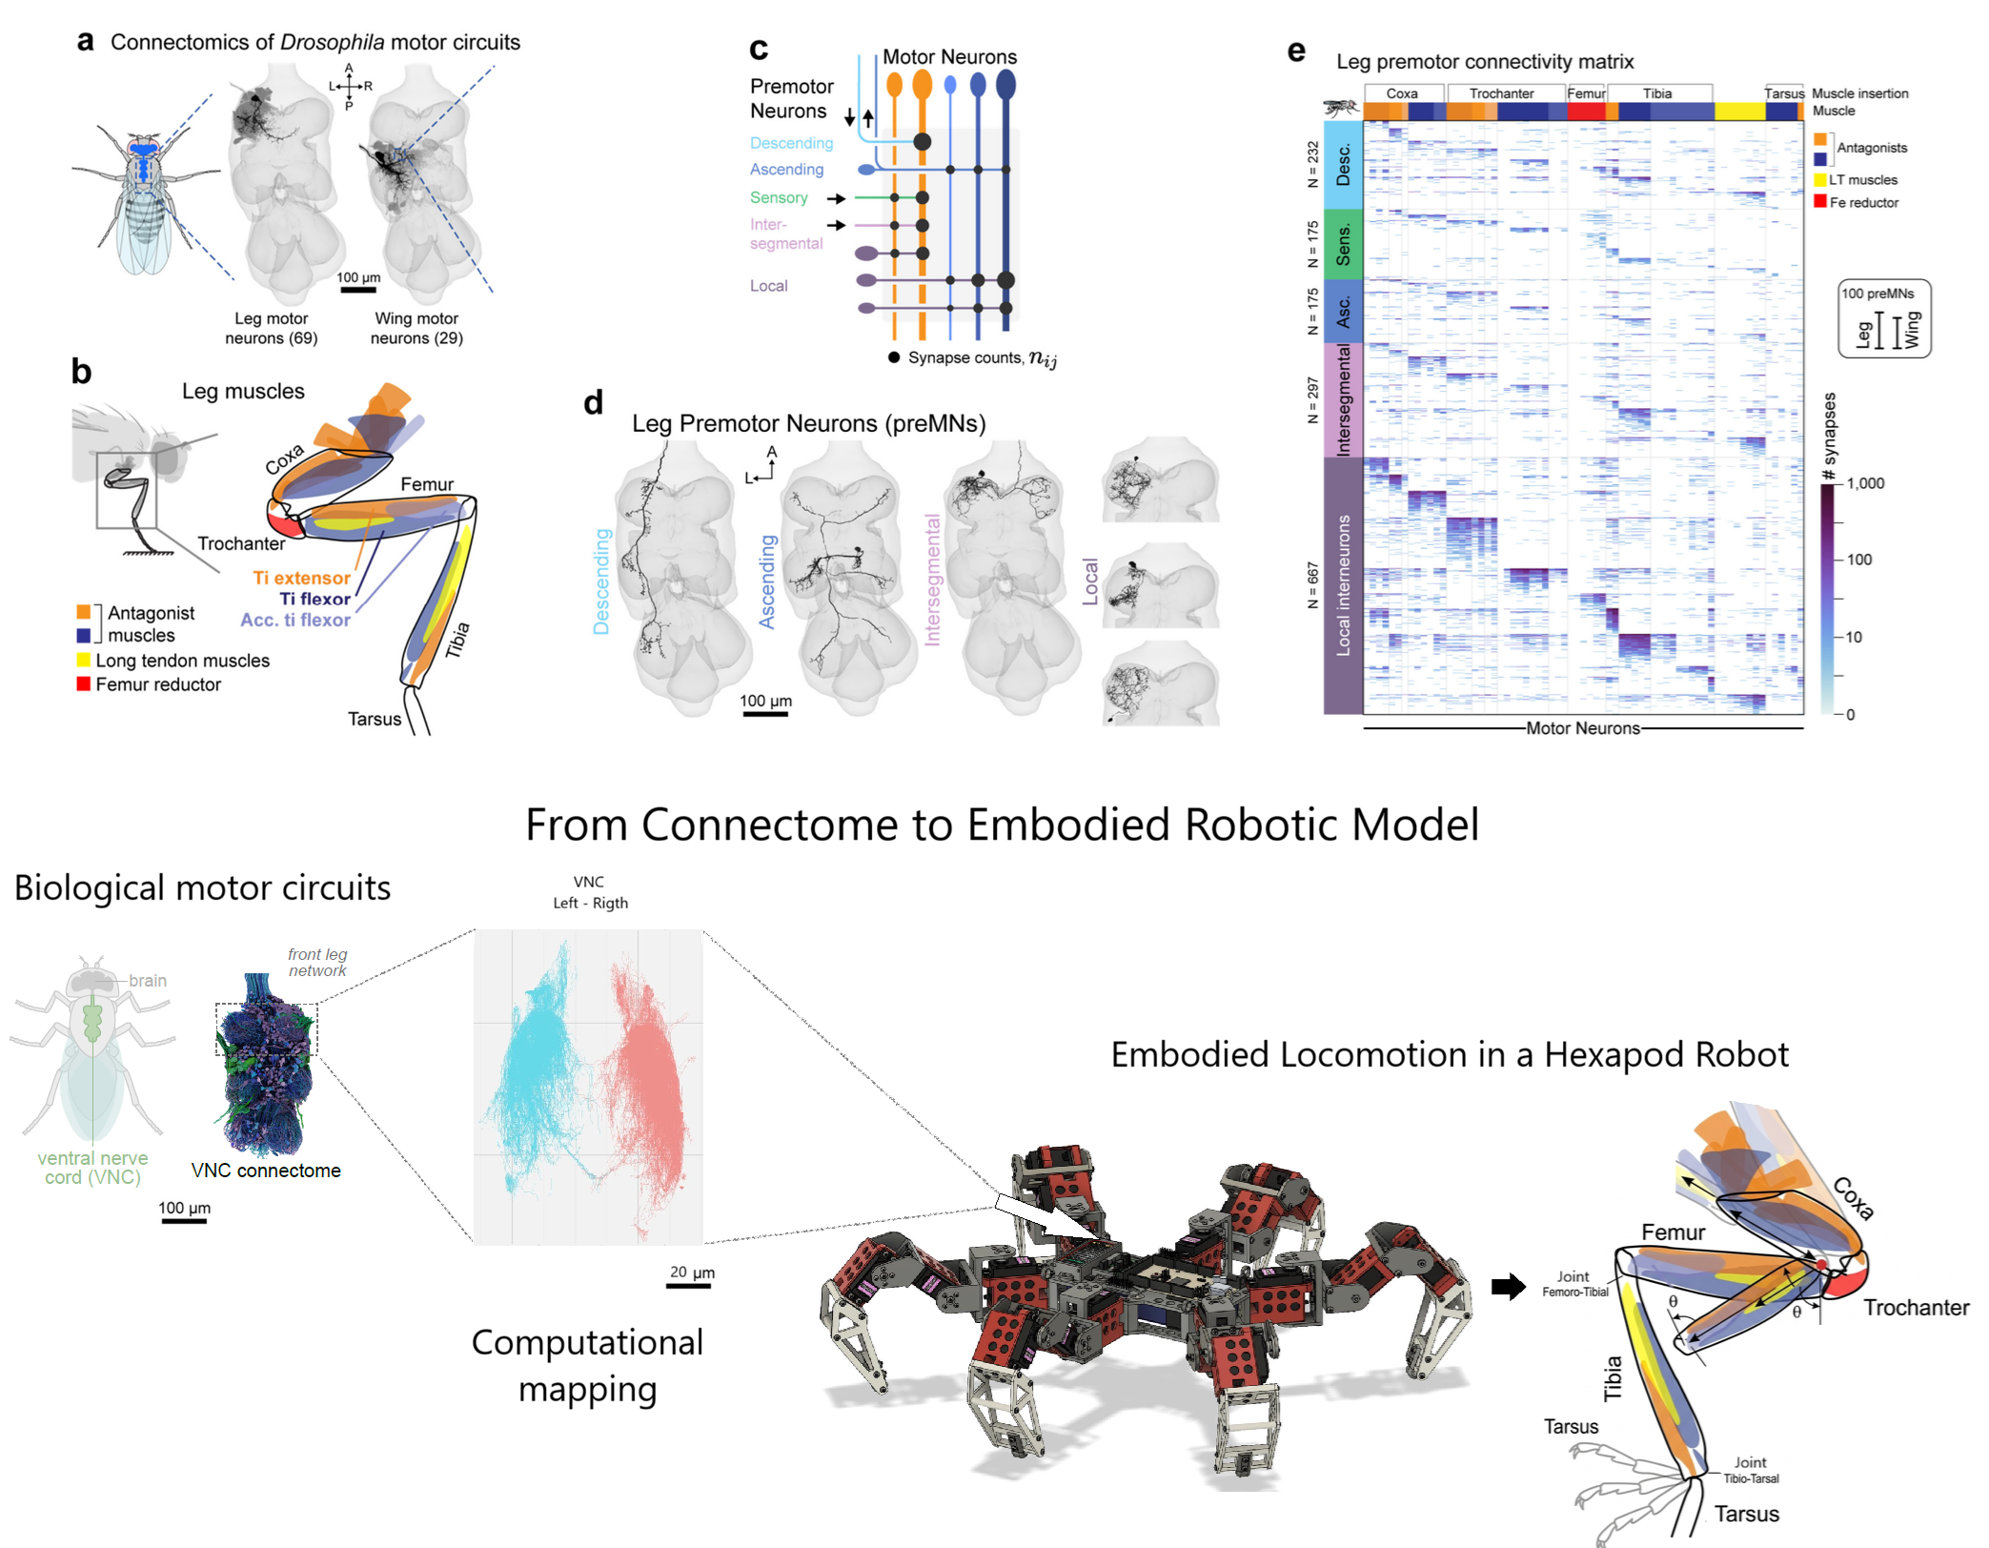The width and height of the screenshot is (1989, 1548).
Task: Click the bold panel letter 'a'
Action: click(85, 41)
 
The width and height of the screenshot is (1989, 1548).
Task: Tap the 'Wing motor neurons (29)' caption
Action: click(416, 328)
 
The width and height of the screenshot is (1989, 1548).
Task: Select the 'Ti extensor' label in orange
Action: click(301, 578)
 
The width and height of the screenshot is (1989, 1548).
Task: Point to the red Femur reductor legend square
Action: click(84, 683)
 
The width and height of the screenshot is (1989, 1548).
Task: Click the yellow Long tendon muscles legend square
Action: click(84, 660)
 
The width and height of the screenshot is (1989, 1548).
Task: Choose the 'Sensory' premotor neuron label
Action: click(779, 197)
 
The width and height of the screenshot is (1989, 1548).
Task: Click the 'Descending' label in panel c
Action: click(791, 143)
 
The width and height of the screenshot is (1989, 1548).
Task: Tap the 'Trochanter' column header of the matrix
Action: click(1501, 93)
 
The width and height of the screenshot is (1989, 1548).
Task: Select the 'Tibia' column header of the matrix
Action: click(1657, 93)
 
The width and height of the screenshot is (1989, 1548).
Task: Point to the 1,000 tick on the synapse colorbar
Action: click(1864, 483)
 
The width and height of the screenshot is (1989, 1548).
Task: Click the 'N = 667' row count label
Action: click(1313, 584)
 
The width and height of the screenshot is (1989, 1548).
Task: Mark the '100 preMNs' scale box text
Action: click(1877, 294)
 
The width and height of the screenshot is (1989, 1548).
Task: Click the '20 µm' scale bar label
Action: click(692, 1272)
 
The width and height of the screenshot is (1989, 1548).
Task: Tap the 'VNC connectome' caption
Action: click(266, 1170)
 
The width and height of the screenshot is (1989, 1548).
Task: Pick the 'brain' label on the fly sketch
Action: click(148, 980)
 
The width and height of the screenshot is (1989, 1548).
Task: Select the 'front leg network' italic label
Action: click(317, 962)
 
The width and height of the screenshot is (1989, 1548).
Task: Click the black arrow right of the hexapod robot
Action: click(1508, 1287)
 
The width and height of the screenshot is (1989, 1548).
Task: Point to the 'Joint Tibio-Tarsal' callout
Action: click(1751, 1470)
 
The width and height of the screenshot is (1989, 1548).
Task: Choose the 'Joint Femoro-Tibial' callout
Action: click(1574, 1283)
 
